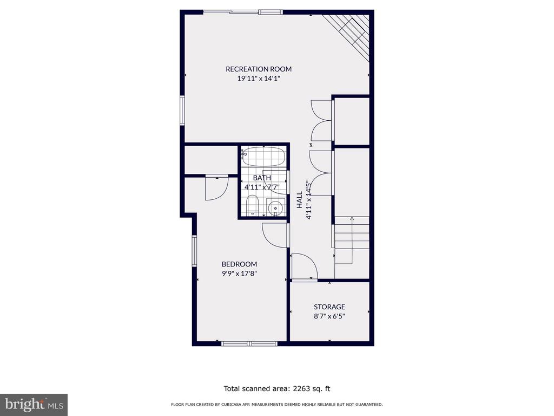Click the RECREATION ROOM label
point(259,69)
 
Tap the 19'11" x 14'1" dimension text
point(259,79)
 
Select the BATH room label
point(262,178)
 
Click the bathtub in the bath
point(263,157)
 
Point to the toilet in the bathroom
point(252,205)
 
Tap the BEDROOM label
point(239,264)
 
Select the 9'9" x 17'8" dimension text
point(239,274)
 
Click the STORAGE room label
point(329,307)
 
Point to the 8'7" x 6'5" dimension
point(329,316)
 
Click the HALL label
point(300,200)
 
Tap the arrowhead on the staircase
point(352,219)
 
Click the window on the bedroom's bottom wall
point(249,343)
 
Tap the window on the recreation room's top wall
point(243,12)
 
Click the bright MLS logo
point(34,405)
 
